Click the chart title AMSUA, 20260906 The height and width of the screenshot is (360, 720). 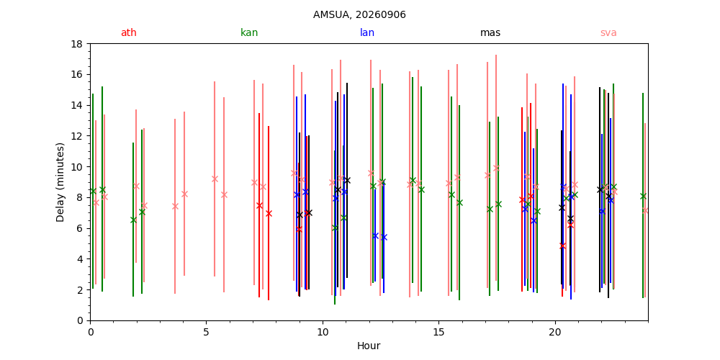click(x=359, y=14)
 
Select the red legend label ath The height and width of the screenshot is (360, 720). click(x=129, y=32)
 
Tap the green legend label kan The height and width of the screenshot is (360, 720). click(x=249, y=32)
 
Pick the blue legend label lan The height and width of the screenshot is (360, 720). click(x=367, y=32)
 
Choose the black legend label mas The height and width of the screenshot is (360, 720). click(x=490, y=32)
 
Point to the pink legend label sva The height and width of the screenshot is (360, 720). click(x=608, y=32)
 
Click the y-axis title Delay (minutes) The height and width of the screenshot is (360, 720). click(x=60, y=182)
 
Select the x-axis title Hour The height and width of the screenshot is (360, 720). click(x=369, y=346)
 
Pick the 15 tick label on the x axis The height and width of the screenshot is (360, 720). click(x=439, y=331)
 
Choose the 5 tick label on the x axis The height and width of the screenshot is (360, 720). click(x=206, y=331)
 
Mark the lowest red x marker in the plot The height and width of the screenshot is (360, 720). click(x=562, y=246)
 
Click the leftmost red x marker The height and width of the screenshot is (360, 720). click(x=259, y=205)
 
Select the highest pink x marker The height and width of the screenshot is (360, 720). click(x=496, y=168)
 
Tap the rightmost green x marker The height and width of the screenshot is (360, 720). click(x=643, y=196)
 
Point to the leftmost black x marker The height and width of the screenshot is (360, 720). click(x=300, y=215)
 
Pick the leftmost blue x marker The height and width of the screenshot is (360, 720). click(x=297, y=194)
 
